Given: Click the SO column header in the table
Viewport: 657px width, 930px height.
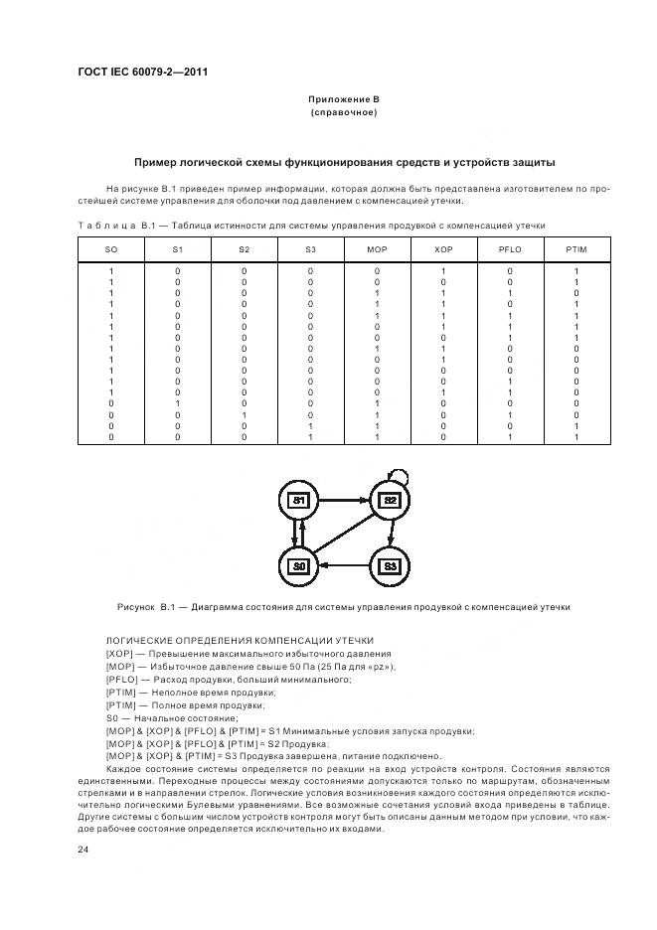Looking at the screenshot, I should [x=111, y=248].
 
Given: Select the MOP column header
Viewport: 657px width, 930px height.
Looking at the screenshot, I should [x=377, y=248].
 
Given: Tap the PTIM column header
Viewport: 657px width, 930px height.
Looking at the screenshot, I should [x=576, y=248].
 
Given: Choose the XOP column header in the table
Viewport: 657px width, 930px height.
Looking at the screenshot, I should [x=443, y=248].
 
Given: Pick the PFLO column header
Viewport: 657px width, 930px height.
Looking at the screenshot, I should [x=510, y=248].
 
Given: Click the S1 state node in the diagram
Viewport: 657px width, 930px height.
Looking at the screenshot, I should [x=298, y=500].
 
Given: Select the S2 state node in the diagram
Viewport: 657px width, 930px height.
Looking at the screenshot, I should [x=390, y=500].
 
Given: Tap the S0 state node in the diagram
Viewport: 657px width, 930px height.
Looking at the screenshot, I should [x=298, y=565].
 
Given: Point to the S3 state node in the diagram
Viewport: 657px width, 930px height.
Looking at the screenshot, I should [x=390, y=565].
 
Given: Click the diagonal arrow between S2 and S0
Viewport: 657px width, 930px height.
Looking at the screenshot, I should [x=345, y=532].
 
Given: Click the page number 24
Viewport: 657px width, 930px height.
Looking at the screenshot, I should [x=83, y=851].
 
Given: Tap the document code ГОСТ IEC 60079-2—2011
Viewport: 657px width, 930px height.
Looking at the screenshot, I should [x=142, y=71].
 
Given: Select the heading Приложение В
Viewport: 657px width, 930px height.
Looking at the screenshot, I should [x=343, y=100].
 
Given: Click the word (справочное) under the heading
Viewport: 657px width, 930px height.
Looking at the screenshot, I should [x=343, y=113].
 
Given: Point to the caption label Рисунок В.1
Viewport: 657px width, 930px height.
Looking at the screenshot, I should [x=146, y=606].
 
